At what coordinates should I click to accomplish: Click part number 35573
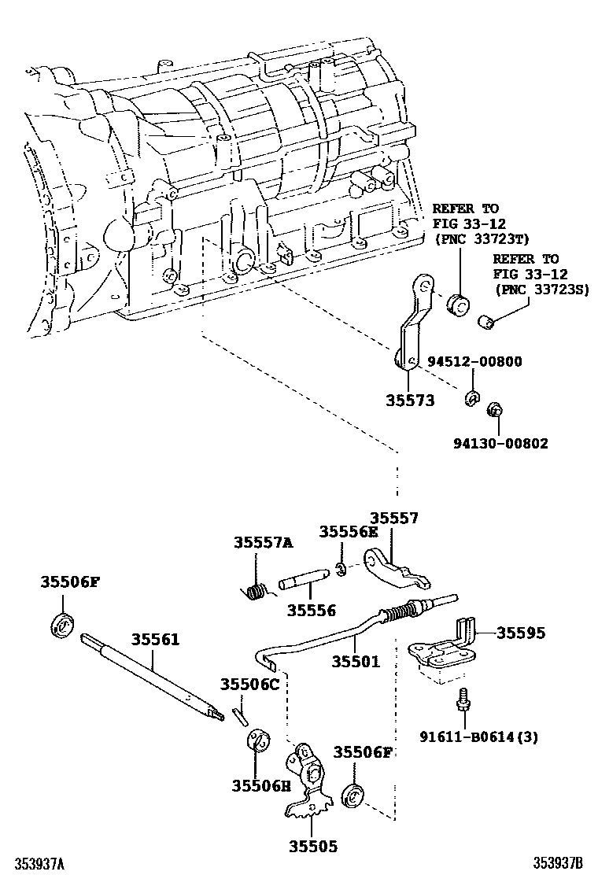tap(409, 401)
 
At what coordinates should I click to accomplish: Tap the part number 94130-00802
tap(500, 443)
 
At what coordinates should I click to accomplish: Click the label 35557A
tap(263, 542)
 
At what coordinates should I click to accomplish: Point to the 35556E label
tap(349, 531)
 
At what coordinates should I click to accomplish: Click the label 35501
tap(355, 662)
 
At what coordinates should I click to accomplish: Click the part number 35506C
tap(249, 684)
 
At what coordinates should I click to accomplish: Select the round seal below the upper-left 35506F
tap(62, 625)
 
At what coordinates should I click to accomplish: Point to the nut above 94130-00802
tap(495, 410)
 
